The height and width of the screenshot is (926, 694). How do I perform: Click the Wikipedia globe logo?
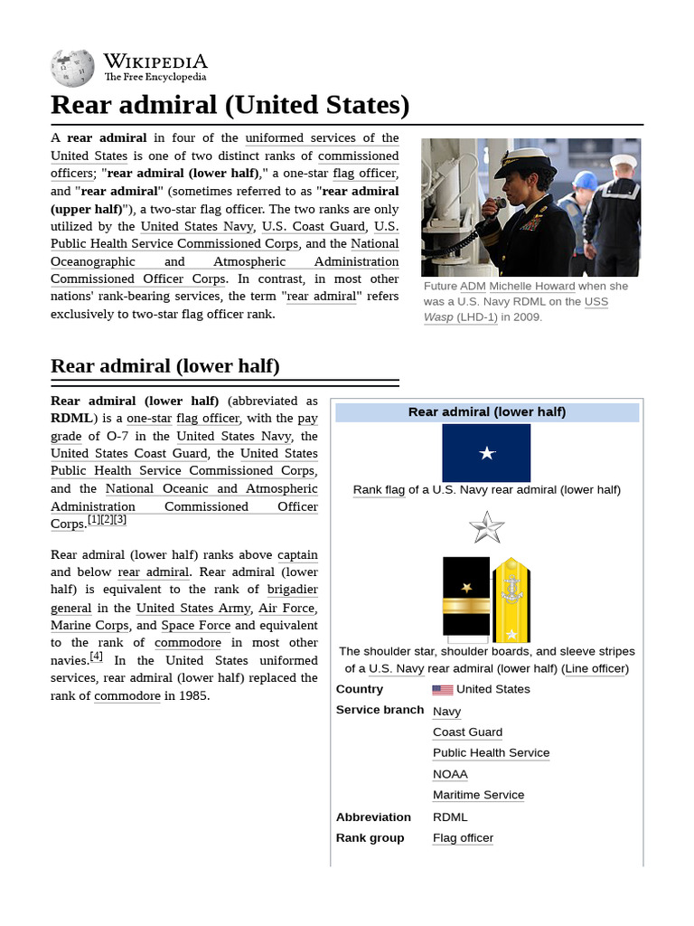(x=72, y=67)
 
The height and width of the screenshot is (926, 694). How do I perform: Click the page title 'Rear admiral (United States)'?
(x=230, y=106)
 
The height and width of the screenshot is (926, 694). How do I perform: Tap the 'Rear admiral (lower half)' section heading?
(x=165, y=366)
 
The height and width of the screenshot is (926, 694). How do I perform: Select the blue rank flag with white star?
(x=486, y=453)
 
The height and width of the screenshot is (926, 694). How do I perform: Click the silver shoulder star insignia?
(x=486, y=526)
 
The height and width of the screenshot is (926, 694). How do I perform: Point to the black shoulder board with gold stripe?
(x=466, y=597)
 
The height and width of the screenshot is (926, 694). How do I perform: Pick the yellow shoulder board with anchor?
(x=511, y=600)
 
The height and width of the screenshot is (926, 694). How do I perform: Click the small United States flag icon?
(x=442, y=689)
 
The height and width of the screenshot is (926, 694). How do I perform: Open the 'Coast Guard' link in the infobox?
(x=467, y=732)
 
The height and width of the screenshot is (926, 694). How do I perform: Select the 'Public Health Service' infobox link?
(x=491, y=753)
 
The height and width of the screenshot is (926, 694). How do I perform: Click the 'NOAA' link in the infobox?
(x=450, y=774)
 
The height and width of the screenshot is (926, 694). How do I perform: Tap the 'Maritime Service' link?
(x=478, y=795)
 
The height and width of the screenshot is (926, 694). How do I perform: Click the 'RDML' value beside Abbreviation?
(x=450, y=817)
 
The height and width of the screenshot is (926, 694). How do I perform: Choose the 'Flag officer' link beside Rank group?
(x=463, y=838)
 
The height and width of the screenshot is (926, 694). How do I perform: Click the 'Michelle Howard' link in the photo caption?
(x=531, y=287)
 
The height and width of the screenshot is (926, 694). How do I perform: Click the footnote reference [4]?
(x=96, y=657)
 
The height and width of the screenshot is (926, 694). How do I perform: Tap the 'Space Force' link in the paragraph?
(x=196, y=626)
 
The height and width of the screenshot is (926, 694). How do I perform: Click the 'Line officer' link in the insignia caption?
(x=596, y=669)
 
